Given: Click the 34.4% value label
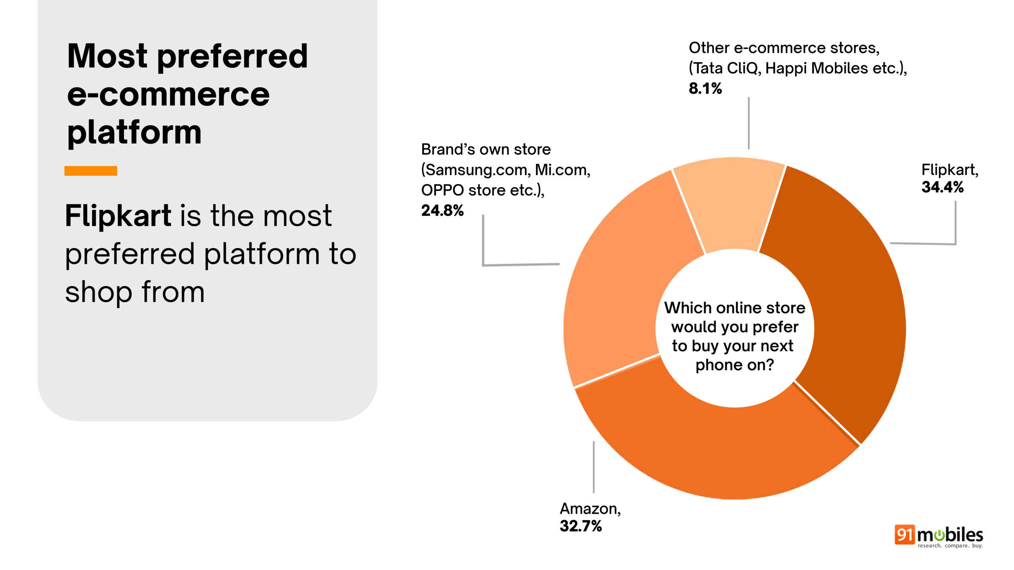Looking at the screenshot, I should click(942, 187).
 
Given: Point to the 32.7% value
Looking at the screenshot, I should click(581, 526).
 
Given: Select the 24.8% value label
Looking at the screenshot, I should click(442, 211).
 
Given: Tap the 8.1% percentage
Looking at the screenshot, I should click(705, 88).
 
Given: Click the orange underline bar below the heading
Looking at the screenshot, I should click(91, 171).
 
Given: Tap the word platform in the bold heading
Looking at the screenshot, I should click(134, 133).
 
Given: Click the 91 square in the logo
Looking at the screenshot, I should click(904, 535).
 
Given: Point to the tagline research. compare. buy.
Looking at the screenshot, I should click(950, 546).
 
